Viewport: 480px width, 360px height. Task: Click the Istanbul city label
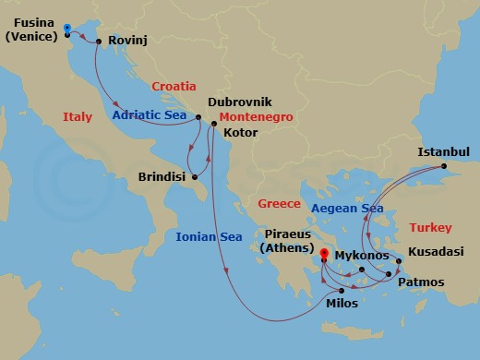point(444,151)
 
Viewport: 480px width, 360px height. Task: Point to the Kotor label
point(241,133)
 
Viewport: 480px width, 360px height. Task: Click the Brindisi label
point(162,175)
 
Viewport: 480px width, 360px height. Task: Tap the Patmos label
point(421,282)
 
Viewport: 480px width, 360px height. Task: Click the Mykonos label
point(363,252)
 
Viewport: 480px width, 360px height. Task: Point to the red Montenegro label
point(257,118)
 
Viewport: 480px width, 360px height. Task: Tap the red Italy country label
point(78,117)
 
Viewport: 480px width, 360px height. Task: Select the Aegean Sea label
point(347,209)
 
